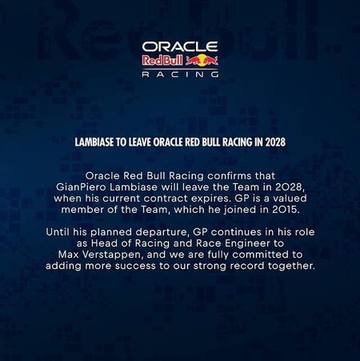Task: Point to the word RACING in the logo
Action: point(179,74)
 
